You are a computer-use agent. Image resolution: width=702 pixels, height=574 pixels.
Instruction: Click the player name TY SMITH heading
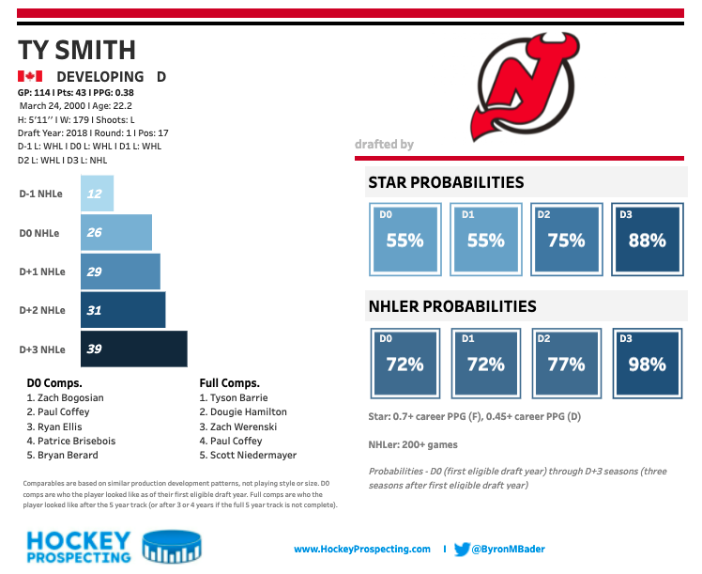(x=77, y=50)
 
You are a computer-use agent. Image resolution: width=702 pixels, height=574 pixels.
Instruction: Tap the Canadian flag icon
(x=30, y=76)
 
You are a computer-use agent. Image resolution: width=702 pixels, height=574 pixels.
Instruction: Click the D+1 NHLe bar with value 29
(x=120, y=271)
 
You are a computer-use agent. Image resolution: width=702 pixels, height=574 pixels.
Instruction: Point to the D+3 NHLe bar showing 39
(x=134, y=349)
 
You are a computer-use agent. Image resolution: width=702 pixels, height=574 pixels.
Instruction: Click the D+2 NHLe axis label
(x=42, y=310)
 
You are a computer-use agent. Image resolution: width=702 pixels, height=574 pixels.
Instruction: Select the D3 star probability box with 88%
(x=647, y=240)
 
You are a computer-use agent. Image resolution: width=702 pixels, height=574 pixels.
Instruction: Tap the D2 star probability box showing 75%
(x=566, y=240)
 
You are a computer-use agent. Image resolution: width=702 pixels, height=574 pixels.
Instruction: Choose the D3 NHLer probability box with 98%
(x=647, y=364)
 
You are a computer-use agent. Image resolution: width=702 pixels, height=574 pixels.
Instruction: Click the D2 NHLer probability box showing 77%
(x=566, y=364)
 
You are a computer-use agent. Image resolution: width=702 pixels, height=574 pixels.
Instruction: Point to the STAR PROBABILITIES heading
(x=446, y=182)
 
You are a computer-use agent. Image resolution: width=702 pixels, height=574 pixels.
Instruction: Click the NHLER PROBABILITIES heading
(x=451, y=306)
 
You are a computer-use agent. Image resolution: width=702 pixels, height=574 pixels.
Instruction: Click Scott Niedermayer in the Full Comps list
(x=248, y=455)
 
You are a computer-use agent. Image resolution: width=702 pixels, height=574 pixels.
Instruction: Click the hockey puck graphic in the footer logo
(x=168, y=548)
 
